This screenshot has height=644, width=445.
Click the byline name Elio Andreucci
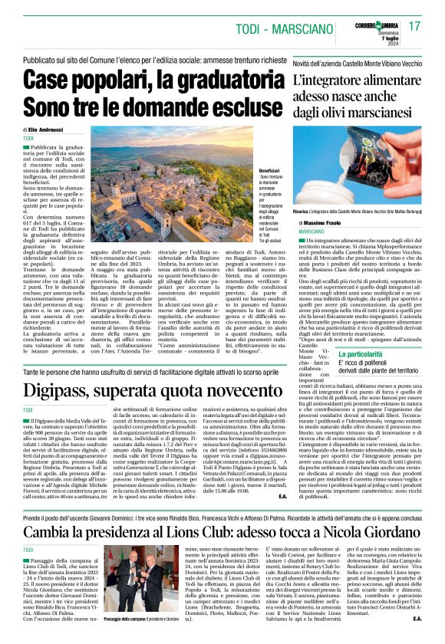[47, 130]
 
